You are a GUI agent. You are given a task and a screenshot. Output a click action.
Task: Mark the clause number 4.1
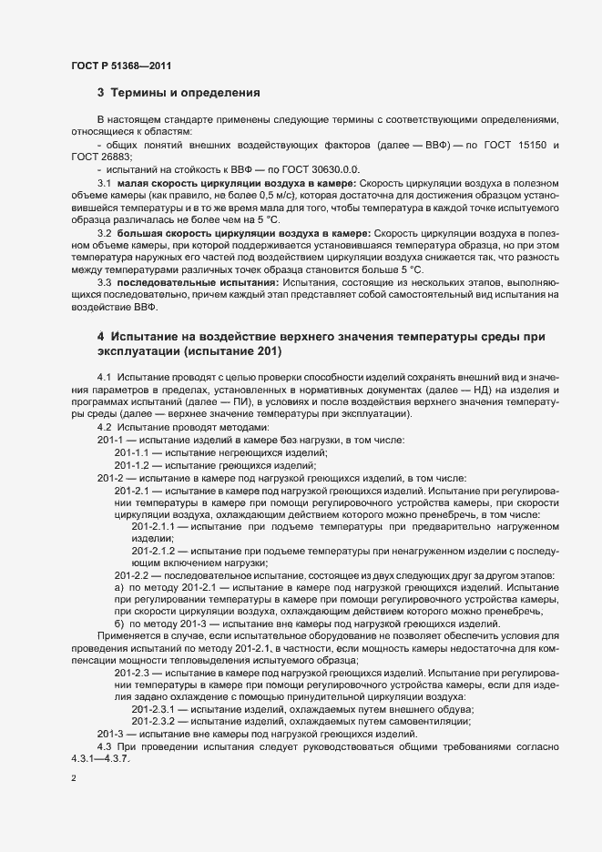[104, 377]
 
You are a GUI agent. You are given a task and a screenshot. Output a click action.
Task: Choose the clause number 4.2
[104, 428]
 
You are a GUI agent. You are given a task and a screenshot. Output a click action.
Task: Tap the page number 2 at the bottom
[74, 779]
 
